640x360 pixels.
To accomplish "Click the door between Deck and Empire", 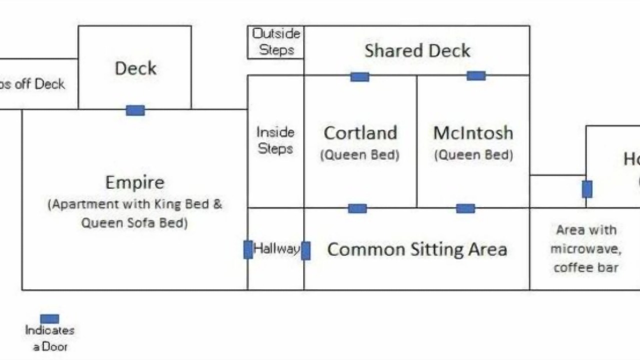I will pyautogui.click(x=135, y=110).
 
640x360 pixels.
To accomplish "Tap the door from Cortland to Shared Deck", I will pyautogui.click(x=359, y=76).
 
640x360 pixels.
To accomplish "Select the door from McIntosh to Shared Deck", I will pyautogui.click(x=475, y=75).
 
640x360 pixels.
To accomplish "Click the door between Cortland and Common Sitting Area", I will pyautogui.click(x=357, y=208).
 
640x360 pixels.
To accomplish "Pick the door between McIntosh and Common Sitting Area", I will pyautogui.click(x=465, y=208).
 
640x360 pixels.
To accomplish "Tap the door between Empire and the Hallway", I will pyautogui.click(x=248, y=249).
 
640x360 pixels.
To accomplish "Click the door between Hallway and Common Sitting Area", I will pyautogui.click(x=305, y=250).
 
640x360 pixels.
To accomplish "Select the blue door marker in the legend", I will pyautogui.click(x=49, y=318).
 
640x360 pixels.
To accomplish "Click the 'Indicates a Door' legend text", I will pyautogui.click(x=50, y=338).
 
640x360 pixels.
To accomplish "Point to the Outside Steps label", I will pyautogui.click(x=276, y=41).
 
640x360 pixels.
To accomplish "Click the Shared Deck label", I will pyautogui.click(x=417, y=50).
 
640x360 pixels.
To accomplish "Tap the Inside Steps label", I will pyautogui.click(x=275, y=140).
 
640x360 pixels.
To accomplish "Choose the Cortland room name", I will pyautogui.click(x=360, y=133).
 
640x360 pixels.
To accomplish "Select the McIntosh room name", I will pyautogui.click(x=473, y=133).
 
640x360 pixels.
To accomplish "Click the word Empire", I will pyautogui.click(x=134, y=182).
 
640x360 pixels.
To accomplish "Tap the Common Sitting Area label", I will pyautogui.click(x=417, y=249).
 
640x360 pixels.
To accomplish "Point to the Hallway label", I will pyautogui.click(x=276, y=248).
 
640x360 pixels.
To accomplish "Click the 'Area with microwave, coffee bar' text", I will pyautogui.click(x=586, y=248).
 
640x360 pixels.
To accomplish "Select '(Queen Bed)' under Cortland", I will pyautogui.click(x=360, y=155).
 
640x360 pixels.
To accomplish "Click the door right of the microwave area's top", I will pyautogui.click(x=587, y=189).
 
